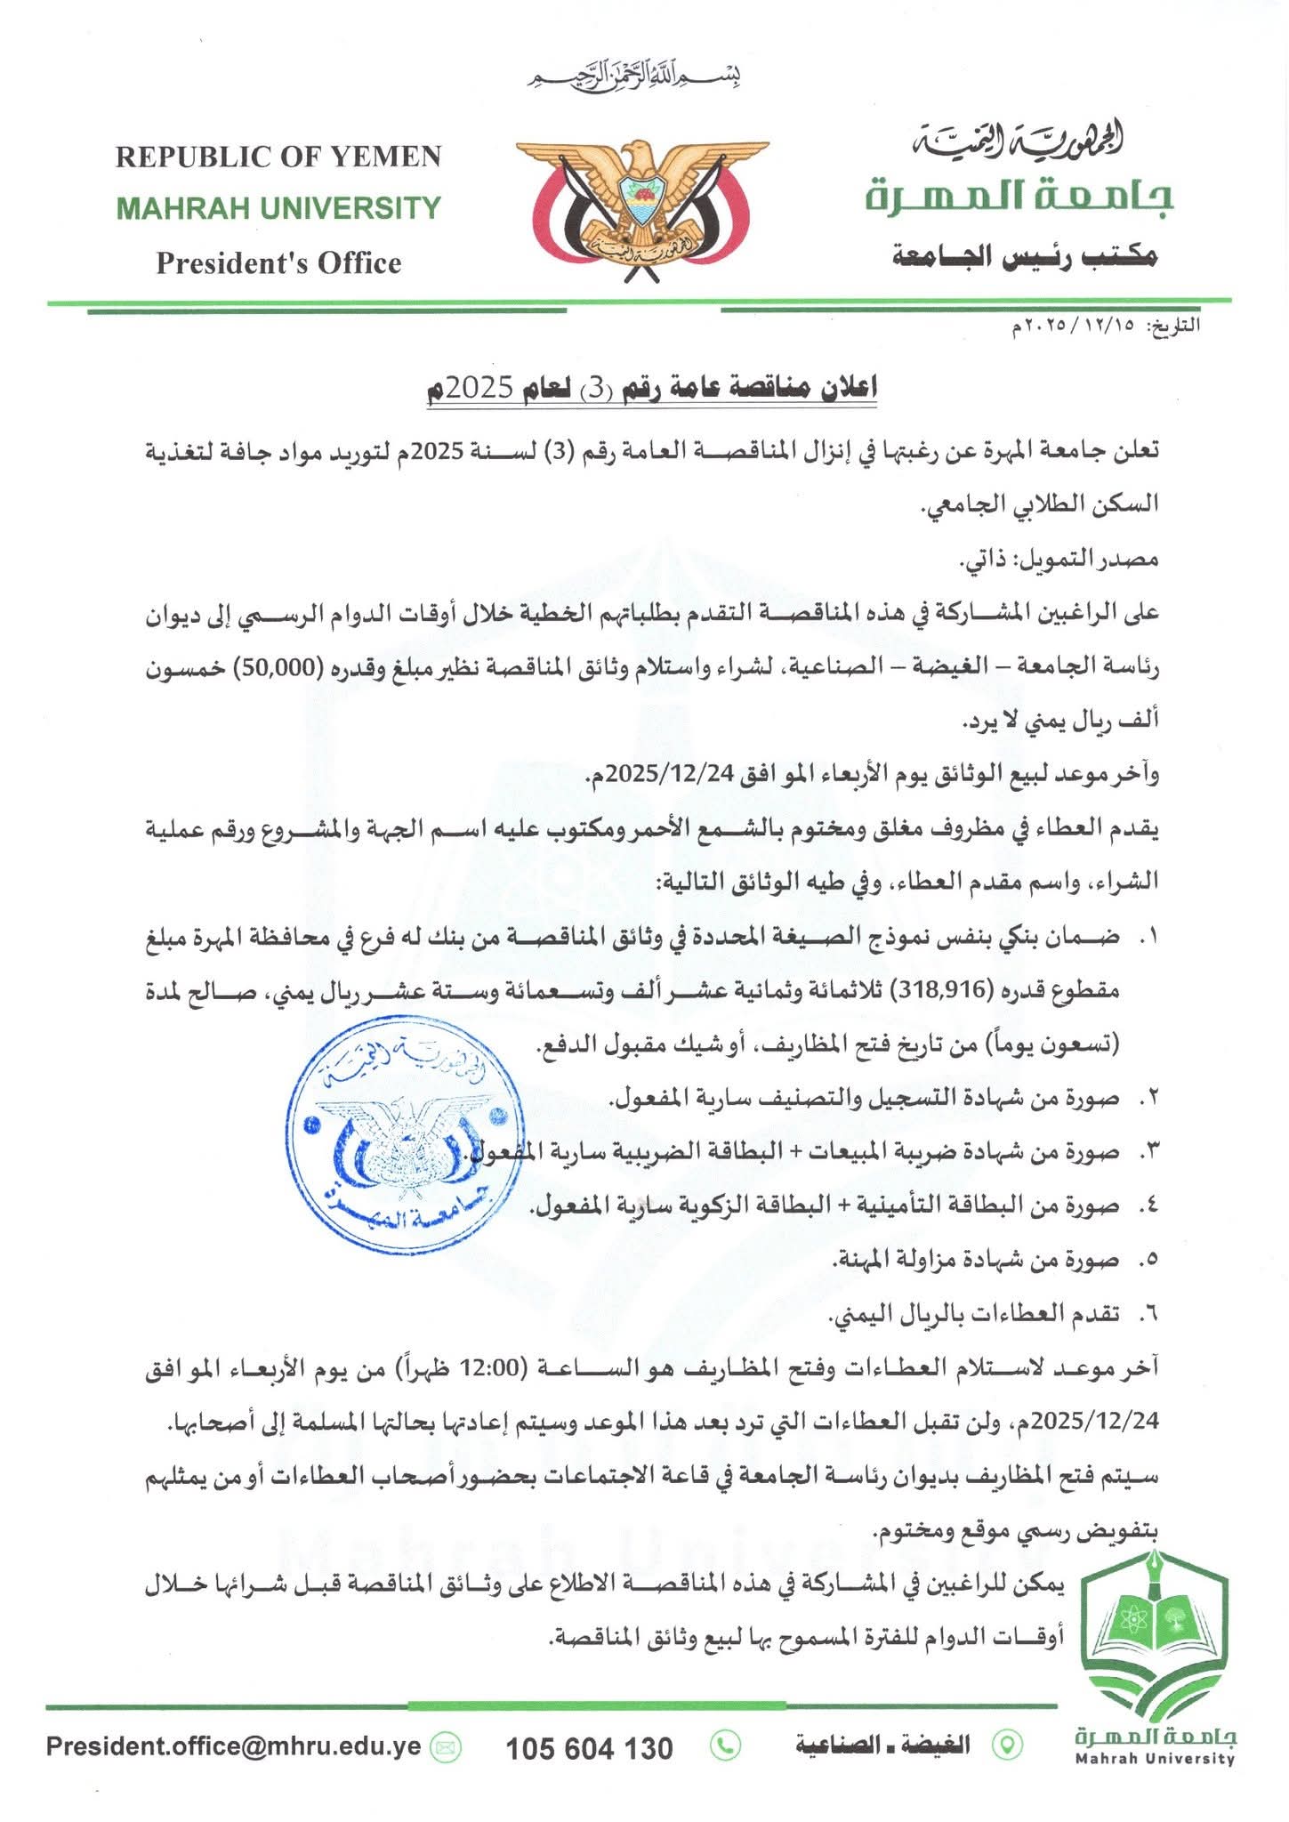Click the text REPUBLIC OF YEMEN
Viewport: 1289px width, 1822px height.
coord(278,157)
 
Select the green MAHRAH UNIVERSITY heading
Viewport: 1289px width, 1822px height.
coord(278,208)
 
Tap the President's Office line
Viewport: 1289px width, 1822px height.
coord(278,263)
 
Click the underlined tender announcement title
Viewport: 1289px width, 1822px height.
coord(651,388)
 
